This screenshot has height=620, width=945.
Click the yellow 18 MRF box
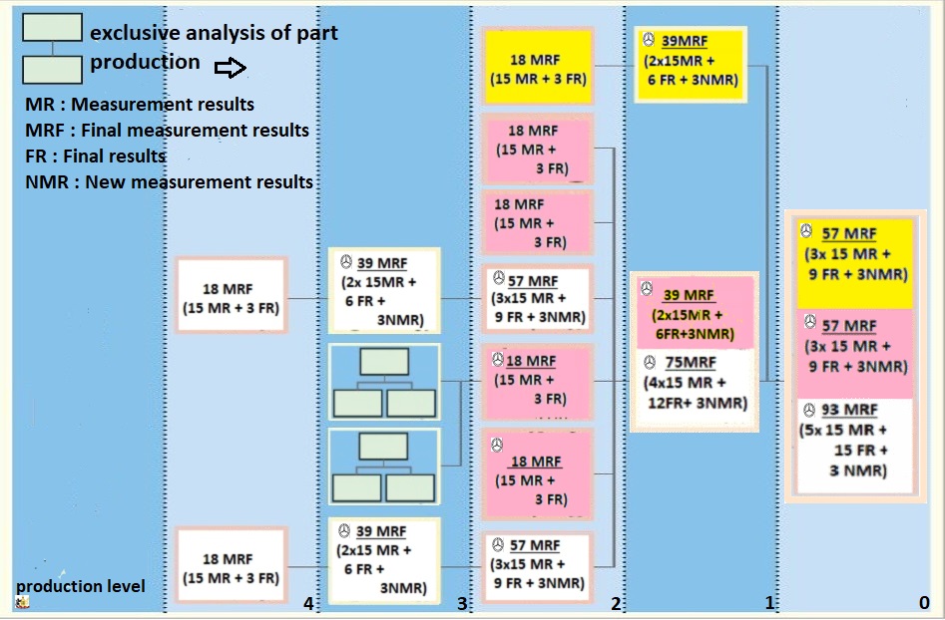(535, 67)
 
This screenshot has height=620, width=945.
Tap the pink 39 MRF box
(691, 313)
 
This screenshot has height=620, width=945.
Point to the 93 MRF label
(849, 411)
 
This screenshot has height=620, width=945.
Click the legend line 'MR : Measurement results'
(140, 105)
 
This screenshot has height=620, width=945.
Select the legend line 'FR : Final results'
(96, 156)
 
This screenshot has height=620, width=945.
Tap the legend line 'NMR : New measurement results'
(169, 182)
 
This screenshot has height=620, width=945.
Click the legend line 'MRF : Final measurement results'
(167, 131)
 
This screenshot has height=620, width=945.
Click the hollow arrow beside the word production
(230, 68)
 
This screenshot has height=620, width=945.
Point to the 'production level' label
(80, 586)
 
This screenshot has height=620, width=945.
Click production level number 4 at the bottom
(308, 603)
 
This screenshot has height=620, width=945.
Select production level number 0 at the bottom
(924, 603)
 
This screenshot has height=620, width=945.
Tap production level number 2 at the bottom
(616, 603)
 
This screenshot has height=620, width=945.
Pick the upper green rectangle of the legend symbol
(52, 28)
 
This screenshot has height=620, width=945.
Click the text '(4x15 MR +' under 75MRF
(690, 384)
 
